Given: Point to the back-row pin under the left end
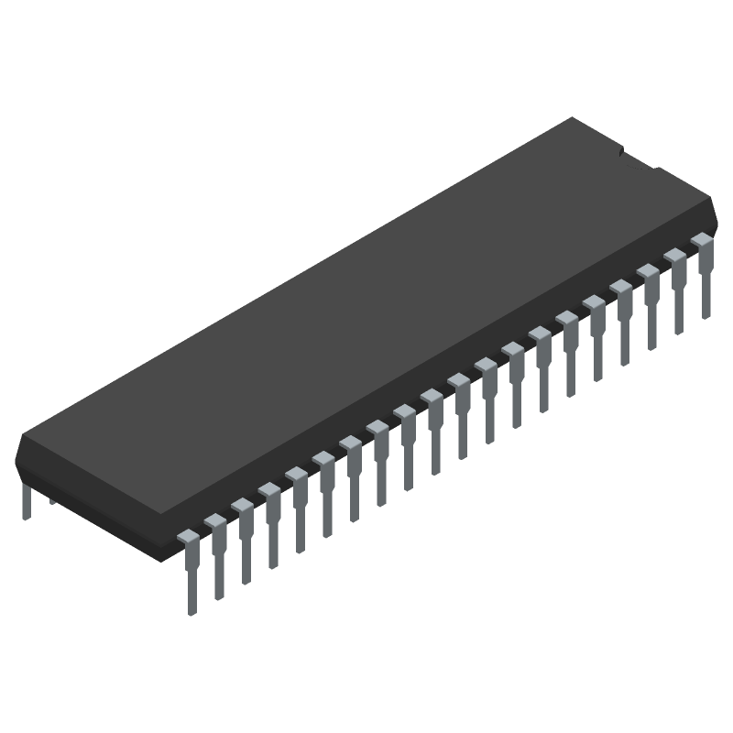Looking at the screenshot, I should coord(27,501).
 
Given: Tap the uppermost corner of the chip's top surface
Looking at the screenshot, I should coord(574,118).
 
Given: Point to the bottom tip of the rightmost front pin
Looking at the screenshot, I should coord(706,316).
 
